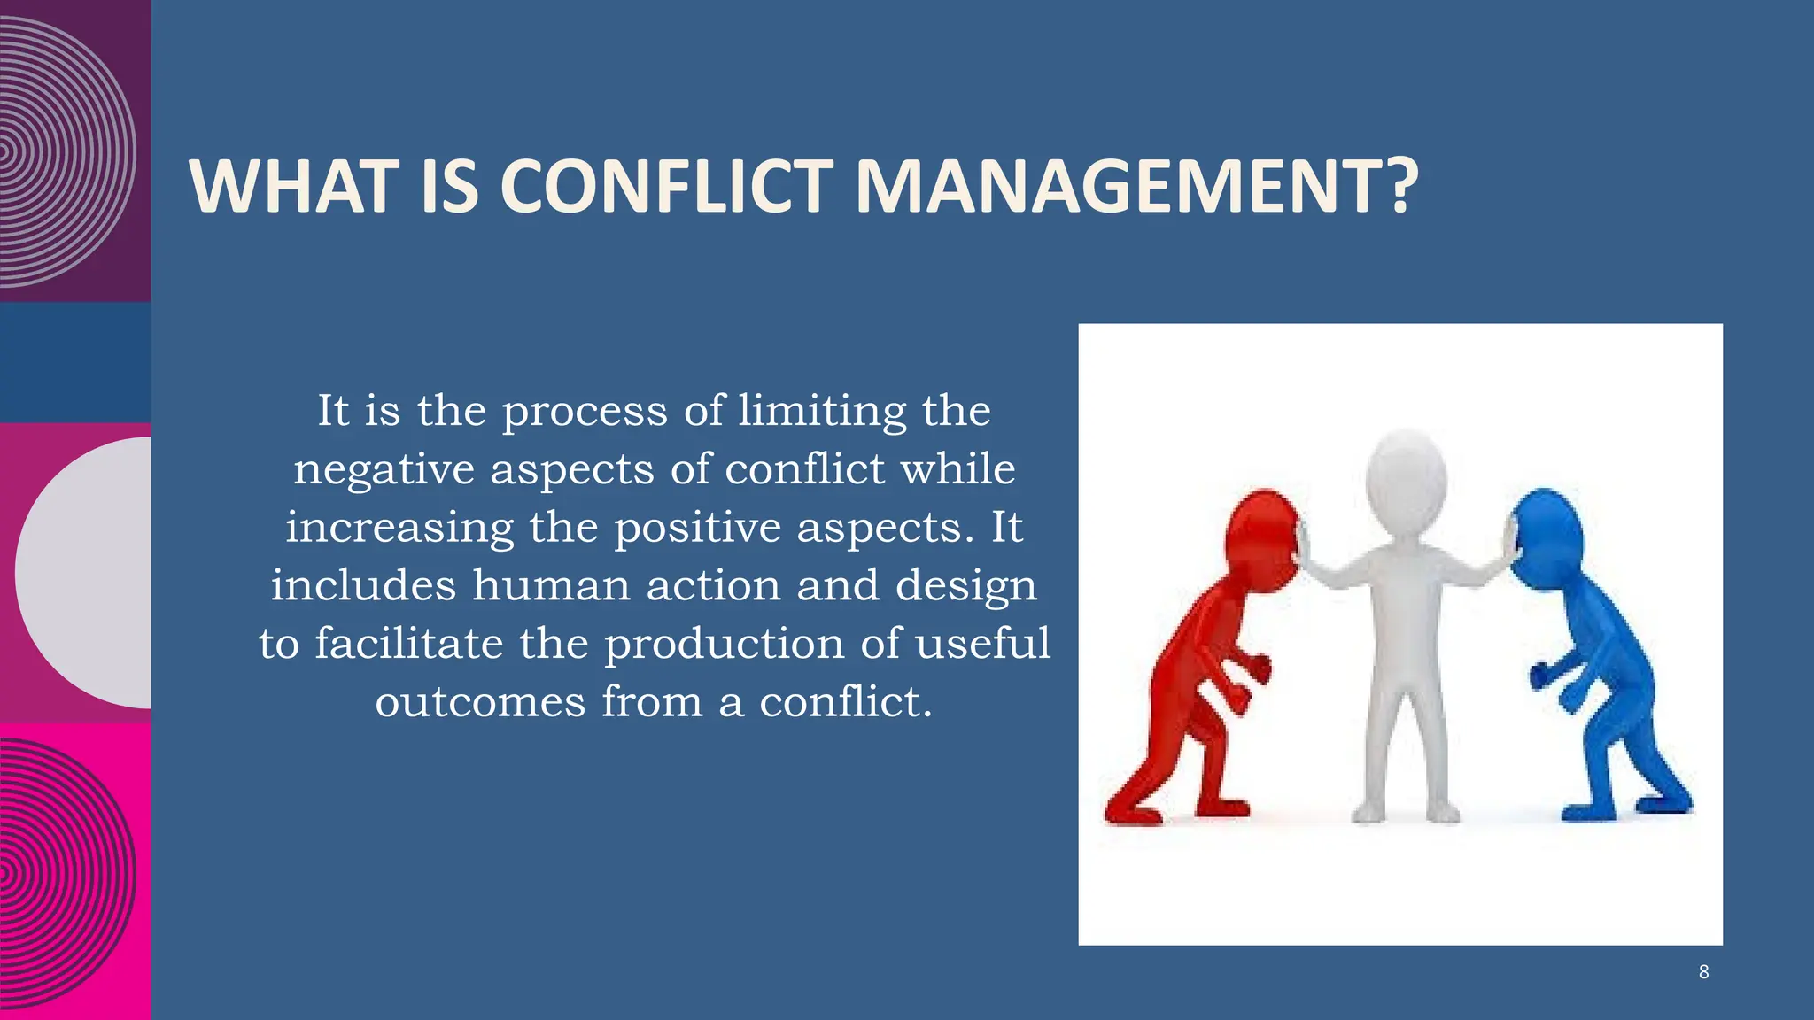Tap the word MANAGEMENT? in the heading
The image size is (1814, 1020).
point(1136,187)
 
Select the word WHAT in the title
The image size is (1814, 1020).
point(293,187)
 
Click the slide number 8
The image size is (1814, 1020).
point(1703,972)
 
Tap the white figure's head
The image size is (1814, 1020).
point(1406,478)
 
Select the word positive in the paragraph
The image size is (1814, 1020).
point(697,528)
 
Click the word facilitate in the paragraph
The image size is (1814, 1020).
point(408,644)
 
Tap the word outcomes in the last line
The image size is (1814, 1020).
point(480,702)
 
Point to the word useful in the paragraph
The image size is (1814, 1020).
point(982,644)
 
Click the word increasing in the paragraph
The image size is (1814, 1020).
point(399,529)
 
